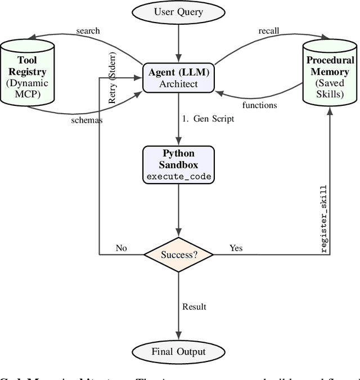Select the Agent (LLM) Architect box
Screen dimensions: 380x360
point(178,78)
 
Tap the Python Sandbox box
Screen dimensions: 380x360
point(178,164)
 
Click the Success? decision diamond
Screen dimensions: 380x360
point(178,254)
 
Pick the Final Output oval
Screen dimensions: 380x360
point(178,352)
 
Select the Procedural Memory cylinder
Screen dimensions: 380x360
point(330,72)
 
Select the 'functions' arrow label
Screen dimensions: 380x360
point(259,105)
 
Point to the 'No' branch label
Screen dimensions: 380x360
point(121,248)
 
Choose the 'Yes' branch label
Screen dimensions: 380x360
point(236,248)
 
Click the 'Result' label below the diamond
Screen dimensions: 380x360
point(194,307)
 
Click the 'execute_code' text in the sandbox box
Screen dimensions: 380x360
point(178,176)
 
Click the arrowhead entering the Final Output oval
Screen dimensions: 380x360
point(178,336)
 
